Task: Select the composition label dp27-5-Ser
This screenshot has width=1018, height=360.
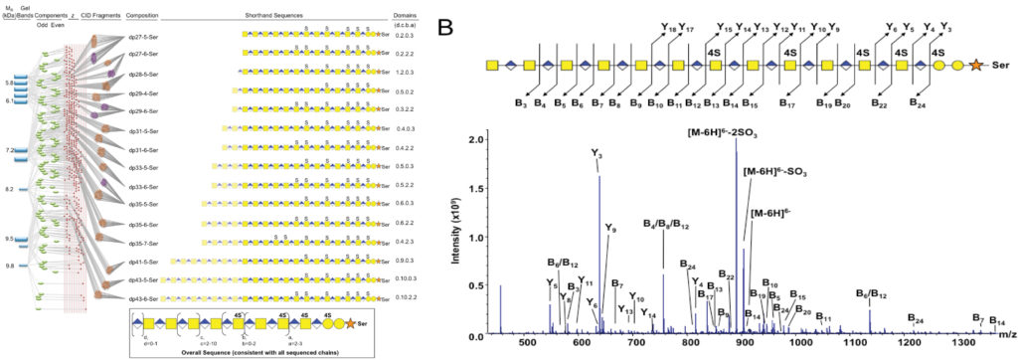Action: [142, 35]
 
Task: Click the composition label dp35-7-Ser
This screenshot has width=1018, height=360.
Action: [142, 243]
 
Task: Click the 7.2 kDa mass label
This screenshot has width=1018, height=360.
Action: [8, 149]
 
